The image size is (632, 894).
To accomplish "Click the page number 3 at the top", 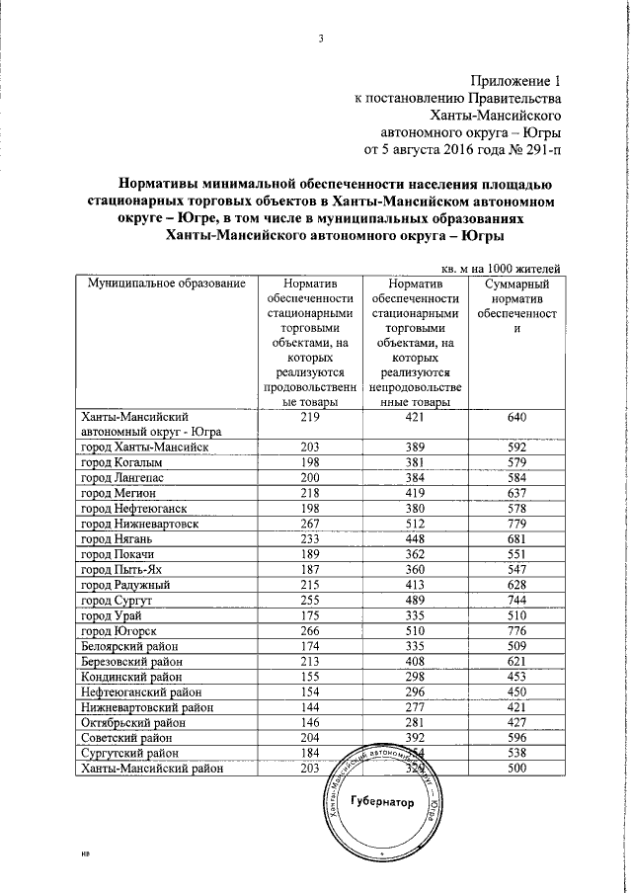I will point(321,40).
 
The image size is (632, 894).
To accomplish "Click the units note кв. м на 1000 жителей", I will point(498,267).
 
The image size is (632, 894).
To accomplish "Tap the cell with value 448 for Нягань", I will point(413,539).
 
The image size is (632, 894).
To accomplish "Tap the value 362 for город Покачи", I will point(413,554).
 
